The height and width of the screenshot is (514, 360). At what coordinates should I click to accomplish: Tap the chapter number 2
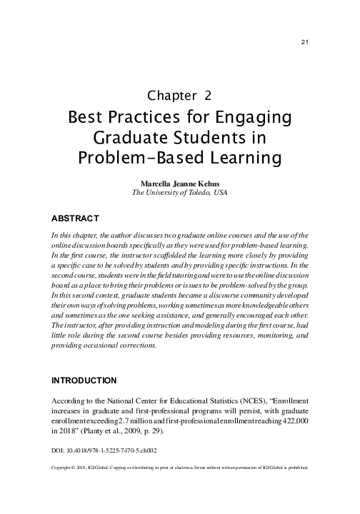tap(207, 95)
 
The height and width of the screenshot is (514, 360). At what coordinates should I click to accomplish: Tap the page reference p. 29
tap(168, 432)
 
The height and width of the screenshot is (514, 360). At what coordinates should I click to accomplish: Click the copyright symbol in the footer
tap(79, 469)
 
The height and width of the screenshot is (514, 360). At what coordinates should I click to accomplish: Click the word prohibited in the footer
tap(293, 469)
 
